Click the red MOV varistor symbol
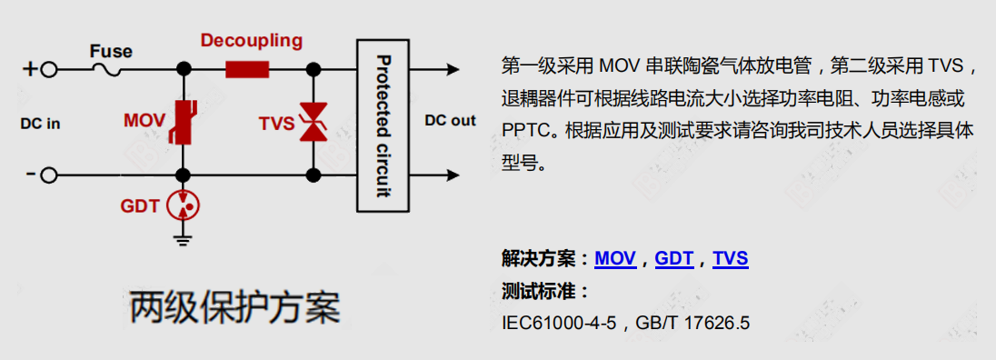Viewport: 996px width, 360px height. pyautogui.click(x=184, y=121)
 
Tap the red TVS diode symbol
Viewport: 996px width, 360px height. pyautogui.click(x=313, y=121)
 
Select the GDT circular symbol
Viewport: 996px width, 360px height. pyautogui.click(x=184, y=205)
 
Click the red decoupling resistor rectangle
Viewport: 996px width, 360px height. pyautogui.click(x=247, y=69)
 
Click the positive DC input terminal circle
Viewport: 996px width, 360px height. pyautogui.click(x=50, y=69)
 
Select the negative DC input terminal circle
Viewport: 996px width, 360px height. pyautogui.click(x=50, y=175)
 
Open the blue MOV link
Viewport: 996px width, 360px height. pyautogui.click(x=615, y=259)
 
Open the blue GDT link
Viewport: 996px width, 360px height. pyautogui.click(x=674, y=259)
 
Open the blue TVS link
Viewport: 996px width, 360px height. pyautogui.click(x=731, y=259)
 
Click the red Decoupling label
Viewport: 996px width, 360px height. pyautogui.click(x=252, y=41)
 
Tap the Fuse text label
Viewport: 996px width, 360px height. pyautogui.click(x=111, y=51)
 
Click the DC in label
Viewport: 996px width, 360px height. pyautogui.click(x=40, y=124)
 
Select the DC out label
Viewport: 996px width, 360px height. pyautogui.click(x=450, y=121)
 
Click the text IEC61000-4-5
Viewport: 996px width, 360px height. pyautogui.click(x=559, y=323)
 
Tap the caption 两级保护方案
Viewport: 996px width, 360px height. pyautogui.click(x=235, y=308)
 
